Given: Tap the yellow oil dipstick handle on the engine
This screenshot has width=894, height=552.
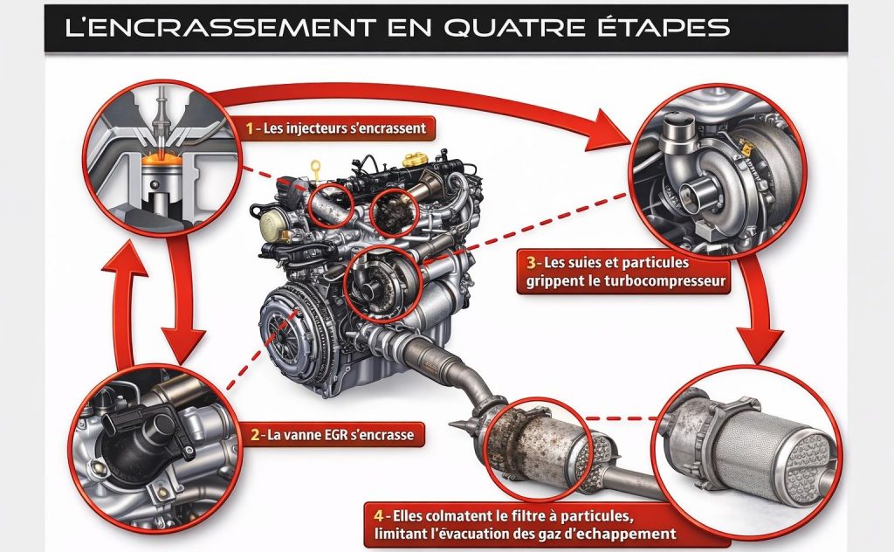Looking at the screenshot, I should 316,165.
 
